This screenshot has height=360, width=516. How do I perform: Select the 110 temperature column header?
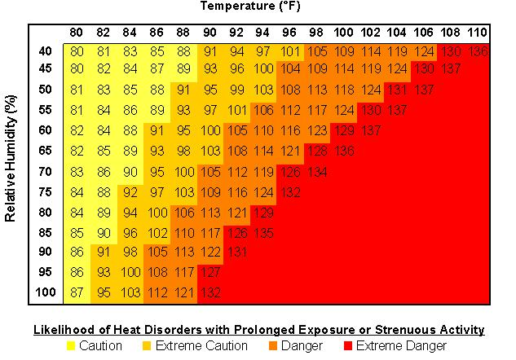tap(477, 33)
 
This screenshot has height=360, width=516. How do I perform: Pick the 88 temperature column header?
tap(183, 33)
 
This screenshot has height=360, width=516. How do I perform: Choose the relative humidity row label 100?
tap(45, 292)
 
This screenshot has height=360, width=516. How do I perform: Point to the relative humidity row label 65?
tap(45, 151)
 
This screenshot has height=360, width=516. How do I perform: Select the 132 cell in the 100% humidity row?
tap(210, 292)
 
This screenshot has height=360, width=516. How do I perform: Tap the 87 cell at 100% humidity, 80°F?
tap(77, 292)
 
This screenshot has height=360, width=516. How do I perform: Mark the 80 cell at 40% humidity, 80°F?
tap(77, 51)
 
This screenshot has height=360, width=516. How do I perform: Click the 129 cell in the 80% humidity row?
tap(263, 212)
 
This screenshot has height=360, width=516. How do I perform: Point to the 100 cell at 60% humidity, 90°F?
tap(210, 130)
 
